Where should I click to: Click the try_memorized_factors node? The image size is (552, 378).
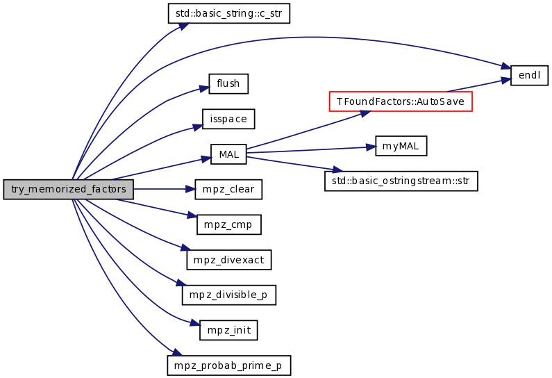point(68,189)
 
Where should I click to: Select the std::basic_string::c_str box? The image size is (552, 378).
point(229,13)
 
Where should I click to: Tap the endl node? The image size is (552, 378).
point(529,75)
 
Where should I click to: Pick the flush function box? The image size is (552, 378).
point(228,84)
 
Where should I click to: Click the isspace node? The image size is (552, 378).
point(228,119)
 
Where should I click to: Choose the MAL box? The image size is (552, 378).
point(228,154)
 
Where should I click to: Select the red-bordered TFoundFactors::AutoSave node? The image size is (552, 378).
point(401,101)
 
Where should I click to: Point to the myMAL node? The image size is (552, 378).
point(401,146)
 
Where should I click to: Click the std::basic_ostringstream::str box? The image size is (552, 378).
point(401,181)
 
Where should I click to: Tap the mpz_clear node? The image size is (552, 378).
point(228,189)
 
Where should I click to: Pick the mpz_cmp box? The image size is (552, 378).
point(229,224)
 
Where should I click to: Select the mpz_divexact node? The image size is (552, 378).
point(229,260)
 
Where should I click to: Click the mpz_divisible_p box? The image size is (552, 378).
point(229,295)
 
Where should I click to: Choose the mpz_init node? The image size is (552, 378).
point(228,330)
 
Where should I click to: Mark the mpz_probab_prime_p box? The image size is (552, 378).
point(229,365)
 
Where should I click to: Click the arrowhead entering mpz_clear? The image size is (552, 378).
point(190,189)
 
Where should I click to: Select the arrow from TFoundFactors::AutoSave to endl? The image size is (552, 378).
point(479,85)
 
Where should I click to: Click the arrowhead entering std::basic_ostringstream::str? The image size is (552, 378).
point(337,170)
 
